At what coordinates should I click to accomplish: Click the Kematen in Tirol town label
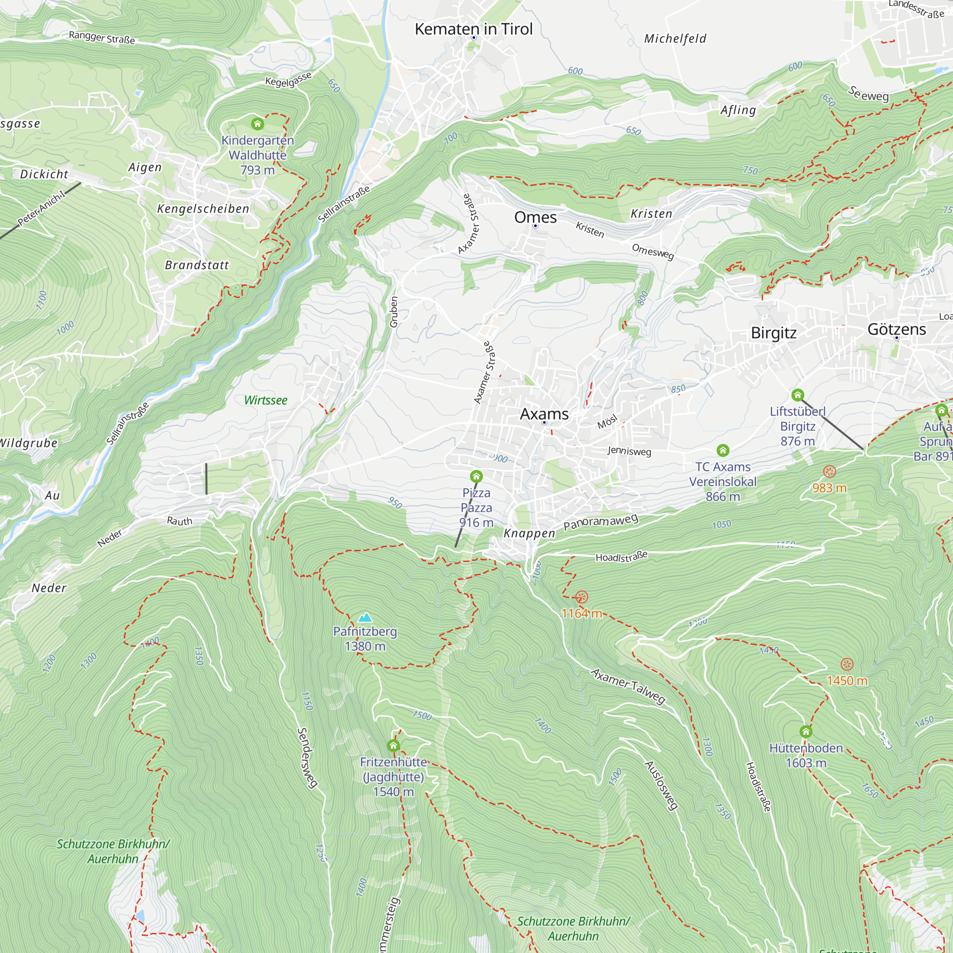click(474, 29)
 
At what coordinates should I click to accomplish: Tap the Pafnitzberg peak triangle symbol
click(365, 618)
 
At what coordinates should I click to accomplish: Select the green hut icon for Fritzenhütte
click(393, 745)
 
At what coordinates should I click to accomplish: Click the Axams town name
click(544, 414)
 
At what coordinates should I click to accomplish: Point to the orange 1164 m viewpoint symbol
click(581, 598)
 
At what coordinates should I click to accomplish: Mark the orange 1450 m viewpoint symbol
click(847, 664)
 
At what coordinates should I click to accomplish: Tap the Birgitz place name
click(773, 333)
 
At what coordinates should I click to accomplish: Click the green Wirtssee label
click(265, 400)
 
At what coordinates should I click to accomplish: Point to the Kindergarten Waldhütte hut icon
click(257, 123)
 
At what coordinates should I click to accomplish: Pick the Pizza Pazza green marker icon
click(476, 476)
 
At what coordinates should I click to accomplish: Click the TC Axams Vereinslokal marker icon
click(723, 450)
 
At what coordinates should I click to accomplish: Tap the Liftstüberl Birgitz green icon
click(798, 395)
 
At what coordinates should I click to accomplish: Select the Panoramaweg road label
click(601, 522)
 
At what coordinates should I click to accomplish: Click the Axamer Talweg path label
click(628, 686)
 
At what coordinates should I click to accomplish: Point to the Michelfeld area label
click(675, 39)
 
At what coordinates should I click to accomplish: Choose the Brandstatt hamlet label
click(197, 265)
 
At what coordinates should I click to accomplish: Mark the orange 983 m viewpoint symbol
click(830, 472)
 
